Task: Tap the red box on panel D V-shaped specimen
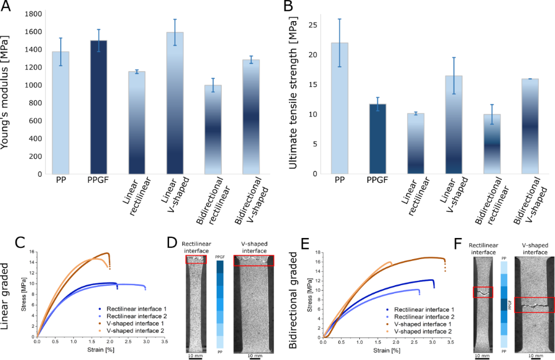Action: tap(254, 261)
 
